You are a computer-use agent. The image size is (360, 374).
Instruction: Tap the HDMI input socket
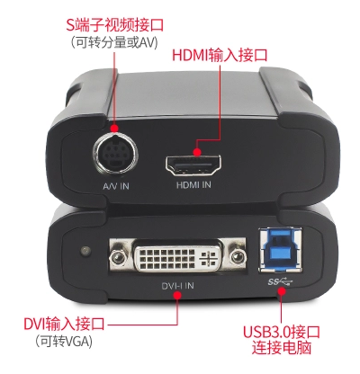193,166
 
